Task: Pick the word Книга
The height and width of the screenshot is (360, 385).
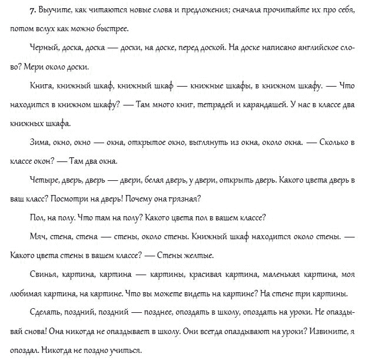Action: coord(39,85)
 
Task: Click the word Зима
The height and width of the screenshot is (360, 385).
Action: coord(39,143)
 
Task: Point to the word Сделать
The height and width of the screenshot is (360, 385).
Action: coord(45,313)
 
